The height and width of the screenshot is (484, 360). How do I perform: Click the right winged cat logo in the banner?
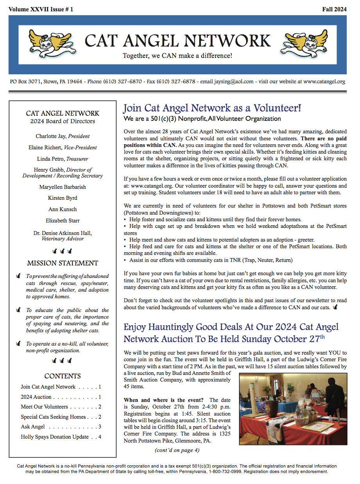[x=304, y=42]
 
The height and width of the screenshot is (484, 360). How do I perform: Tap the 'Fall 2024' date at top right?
[x=334, y=9]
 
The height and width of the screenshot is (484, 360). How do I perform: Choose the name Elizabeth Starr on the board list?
[x=63, y=220]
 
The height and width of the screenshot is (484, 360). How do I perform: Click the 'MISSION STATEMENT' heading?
[x=63, y=263]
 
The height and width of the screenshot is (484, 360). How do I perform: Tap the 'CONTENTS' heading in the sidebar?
[x=63, y=376]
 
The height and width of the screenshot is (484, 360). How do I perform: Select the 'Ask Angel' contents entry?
[x=33, y=427]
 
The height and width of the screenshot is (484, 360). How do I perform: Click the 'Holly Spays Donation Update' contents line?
[x=55, y=437]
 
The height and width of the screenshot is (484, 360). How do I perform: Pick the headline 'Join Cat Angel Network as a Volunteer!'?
[x=212, y=108]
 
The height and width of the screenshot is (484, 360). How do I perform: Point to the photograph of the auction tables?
[x=293, y=408]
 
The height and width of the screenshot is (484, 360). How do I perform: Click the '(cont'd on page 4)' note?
[x=177, y=450]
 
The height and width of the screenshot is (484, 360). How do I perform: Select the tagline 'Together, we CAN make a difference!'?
[x=177, y=56]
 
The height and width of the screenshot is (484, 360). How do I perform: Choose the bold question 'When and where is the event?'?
[x=164, y=400]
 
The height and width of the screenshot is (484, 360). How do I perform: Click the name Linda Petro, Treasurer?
[x=63, y=159]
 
